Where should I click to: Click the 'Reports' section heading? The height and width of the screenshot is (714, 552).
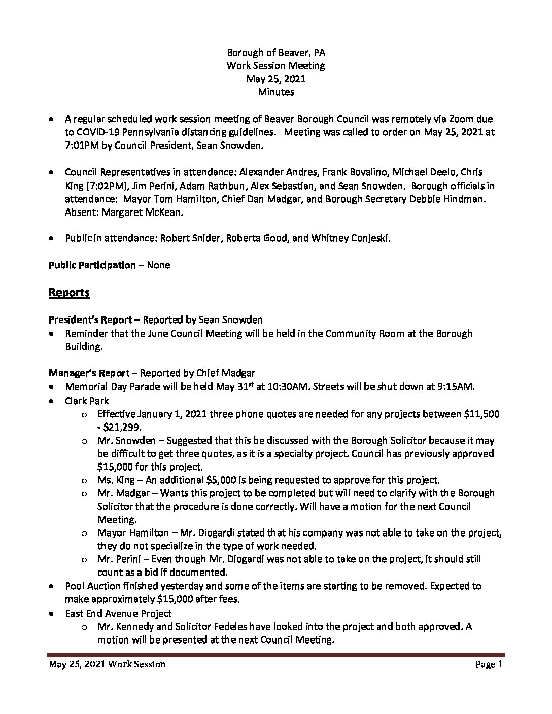[69, 293]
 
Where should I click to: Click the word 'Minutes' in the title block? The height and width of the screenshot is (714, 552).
[275, 92]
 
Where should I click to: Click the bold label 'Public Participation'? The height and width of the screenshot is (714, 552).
[92, 265]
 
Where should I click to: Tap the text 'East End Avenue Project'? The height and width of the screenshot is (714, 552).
[118, 613]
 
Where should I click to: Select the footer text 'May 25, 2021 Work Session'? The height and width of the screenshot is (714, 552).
[107, 664]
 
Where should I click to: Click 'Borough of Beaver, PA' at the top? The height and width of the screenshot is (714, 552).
[275, 52]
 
